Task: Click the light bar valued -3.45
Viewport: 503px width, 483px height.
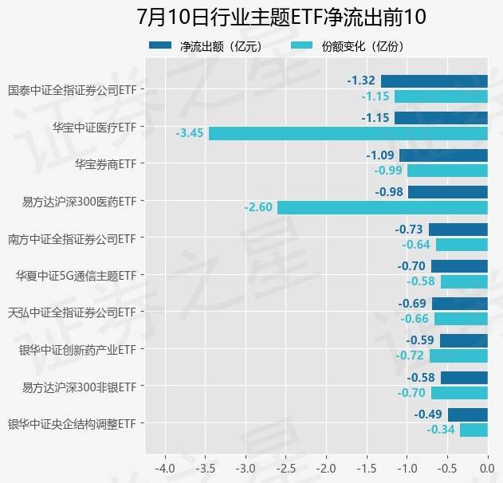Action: [x=348, y=133]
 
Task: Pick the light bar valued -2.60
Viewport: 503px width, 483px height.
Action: [x=382, y=207]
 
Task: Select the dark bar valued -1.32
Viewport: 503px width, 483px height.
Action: [x=434, y=80]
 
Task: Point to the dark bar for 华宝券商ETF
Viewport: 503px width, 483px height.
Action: [x=443, y=155]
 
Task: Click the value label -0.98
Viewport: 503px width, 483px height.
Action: [x=389, y=192]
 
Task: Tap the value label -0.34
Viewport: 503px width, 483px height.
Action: [x=441, y=430]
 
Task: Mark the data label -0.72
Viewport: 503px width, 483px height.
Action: [x=411, y=356]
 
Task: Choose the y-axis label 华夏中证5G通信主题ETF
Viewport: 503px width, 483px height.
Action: [x=76, y=276]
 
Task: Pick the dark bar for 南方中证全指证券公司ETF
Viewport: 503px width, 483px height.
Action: [x=458, y=229]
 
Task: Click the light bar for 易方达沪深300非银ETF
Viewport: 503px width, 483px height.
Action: [x=459, y=393]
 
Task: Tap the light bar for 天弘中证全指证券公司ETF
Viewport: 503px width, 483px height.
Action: [x=461, y=319]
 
